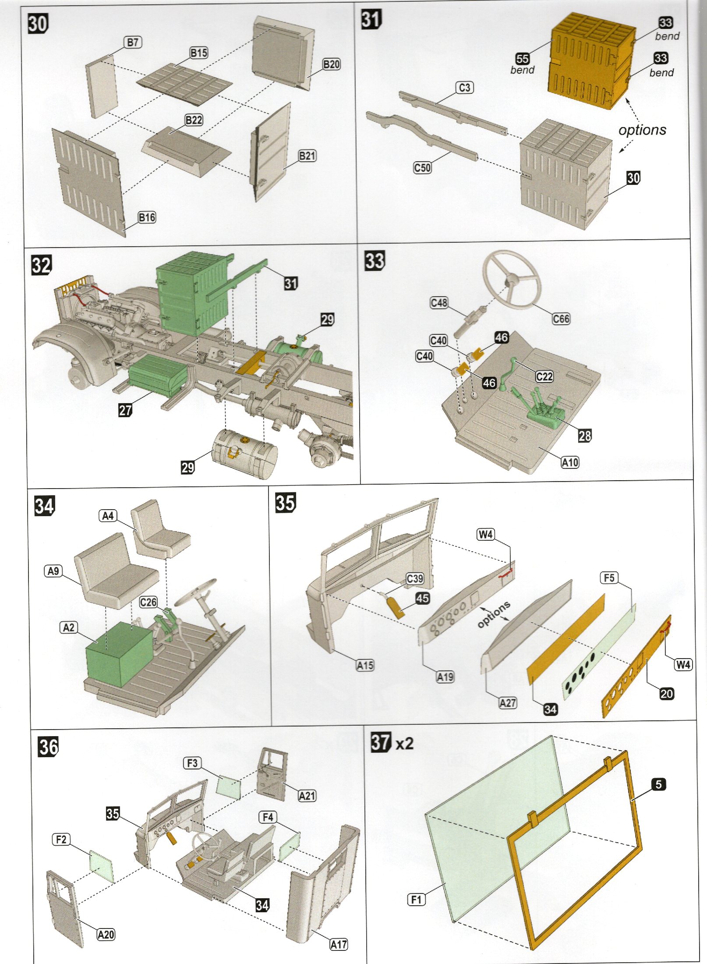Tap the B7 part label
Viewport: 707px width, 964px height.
pos(133,43)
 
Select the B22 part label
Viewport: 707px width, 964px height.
pos(194,120)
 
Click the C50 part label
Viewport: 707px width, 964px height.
pos(422,167)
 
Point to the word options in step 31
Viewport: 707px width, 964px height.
pos(642,130)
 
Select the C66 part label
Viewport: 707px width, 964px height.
pos(561,319)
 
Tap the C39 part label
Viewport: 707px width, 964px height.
pos(415,578)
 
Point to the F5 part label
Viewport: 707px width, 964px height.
pos(609,578)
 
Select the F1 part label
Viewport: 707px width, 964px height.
pos(416,900)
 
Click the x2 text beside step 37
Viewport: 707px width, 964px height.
pos(404,744)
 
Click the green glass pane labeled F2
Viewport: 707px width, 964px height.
pos(102,866)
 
